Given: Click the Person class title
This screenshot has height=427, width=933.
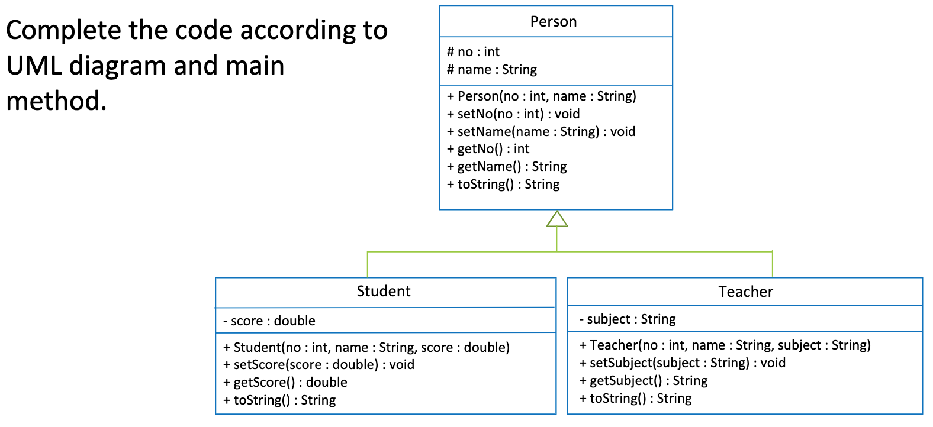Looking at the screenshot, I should click(553, 22).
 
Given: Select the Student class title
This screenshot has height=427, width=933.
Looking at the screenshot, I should click(383, 291).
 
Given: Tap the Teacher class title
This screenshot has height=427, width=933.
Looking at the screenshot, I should click(745, 292).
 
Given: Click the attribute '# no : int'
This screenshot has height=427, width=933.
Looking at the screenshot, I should click(473, 52).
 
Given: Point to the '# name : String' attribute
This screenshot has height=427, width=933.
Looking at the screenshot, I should click(491, 70).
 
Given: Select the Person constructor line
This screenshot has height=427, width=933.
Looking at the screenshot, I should click(541, 96).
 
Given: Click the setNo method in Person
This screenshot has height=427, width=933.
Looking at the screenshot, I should click(513, 114).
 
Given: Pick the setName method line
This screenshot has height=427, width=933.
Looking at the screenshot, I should click(541, 131).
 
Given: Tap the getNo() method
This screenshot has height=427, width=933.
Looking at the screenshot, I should click(488, 149).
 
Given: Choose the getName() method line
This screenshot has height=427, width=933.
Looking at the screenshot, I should click(506, 167).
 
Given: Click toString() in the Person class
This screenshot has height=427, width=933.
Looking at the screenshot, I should click(503, 185).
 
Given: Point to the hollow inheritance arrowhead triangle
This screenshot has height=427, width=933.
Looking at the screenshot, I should click(556, 219).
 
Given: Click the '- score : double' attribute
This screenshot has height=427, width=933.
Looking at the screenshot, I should click(269, 321).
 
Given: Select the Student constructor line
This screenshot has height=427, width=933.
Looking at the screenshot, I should click(366, 347).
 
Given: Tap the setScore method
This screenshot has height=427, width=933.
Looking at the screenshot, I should click(318, 365).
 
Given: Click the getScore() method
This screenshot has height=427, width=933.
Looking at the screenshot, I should click(285, 383).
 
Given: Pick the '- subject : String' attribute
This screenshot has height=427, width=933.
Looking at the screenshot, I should click(627, 319).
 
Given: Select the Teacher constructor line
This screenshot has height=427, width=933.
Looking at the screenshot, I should click(725, 345).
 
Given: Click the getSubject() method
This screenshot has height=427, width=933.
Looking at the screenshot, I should click(643, 381).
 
